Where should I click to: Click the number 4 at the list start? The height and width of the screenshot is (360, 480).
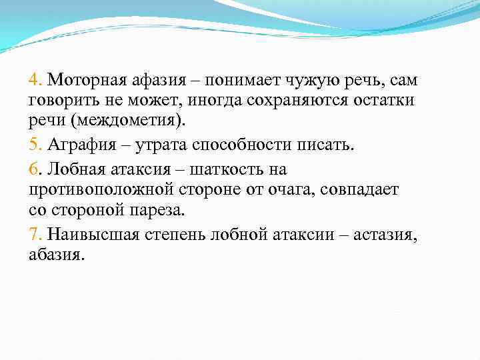point(34,81)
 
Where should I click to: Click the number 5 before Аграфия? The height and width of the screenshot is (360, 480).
point(33,146)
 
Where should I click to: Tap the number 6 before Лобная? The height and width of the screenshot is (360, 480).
point(34,169)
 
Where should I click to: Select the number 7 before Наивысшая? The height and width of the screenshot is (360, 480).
point(34,234)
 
